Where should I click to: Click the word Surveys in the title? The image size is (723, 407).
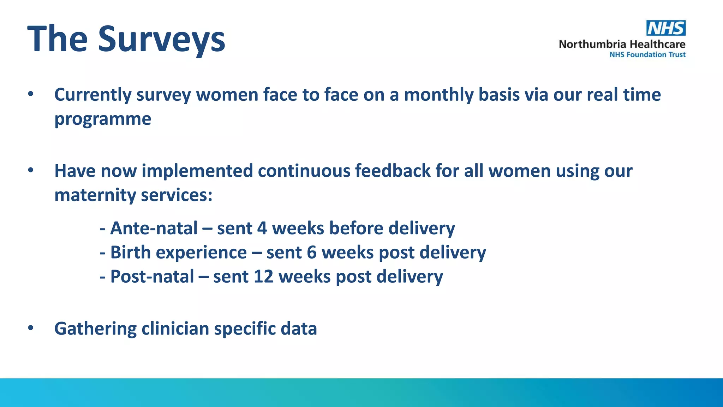(161, 39)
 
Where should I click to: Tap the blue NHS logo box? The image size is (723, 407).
(666, 28)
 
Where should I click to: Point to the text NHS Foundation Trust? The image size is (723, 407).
(647, 55)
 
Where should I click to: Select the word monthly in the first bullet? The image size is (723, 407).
(438, 95)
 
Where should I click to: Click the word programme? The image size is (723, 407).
(103, 119)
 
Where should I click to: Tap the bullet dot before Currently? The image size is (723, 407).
(31, 94)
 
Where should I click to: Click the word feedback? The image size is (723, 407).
(393, 171)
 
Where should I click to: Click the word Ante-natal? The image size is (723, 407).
(154, 228)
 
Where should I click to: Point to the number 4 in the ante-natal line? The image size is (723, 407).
(262, 228)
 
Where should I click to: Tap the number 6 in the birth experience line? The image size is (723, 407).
(311, 252)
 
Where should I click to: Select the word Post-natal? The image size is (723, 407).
(152, 276)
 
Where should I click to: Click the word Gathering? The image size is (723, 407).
(95, 329)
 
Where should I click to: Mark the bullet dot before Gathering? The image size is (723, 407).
(31, 328)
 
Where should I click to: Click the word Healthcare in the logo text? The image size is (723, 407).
(657, 44)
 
